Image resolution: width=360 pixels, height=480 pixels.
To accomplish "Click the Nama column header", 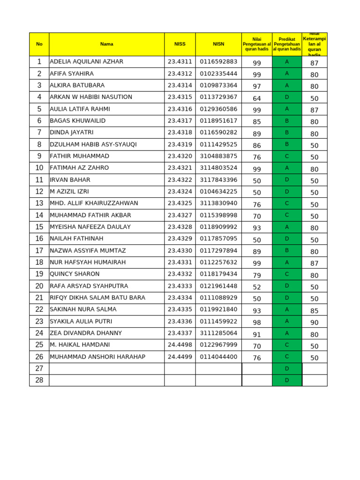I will pyautogui.click(x=106, y=44).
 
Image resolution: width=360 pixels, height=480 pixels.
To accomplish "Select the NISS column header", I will pyautogui.click(x=180, y=44).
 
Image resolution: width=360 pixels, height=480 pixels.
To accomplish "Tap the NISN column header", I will pyautogui.click(x=218, y=44).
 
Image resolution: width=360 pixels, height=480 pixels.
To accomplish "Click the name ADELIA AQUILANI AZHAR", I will pyautogui.click(x=87, y=62).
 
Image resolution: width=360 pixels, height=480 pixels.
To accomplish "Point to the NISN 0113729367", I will pyautogui.click(x=218, y=97).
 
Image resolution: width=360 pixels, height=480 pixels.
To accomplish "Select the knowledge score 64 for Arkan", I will pyautogui.click(x=257, y=98).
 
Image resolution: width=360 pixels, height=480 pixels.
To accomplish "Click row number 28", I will pyautogui.click(x=39, y=380).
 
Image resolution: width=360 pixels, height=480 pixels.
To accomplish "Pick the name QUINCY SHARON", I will pyautogui.click(x=75, y=274).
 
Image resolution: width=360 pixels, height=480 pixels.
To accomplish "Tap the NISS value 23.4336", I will pyautogui.click(x=180, y=322).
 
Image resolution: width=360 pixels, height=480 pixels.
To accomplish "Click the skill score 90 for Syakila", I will pyautogui.click(x=314, y=322).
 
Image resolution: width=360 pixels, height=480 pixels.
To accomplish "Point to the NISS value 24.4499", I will pyautogui.click(x=180, y=357).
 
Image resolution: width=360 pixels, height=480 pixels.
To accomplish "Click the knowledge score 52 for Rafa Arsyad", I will pyautogui.click(x=257, y=287).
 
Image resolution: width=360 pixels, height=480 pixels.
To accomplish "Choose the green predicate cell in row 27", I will pyautogui.click(x=287, y=368).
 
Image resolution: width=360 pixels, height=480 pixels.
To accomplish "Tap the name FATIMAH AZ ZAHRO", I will pyautogui.click(x=79, y=168).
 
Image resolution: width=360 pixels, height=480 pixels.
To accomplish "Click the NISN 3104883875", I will pyautogui.click(x=218, y=156).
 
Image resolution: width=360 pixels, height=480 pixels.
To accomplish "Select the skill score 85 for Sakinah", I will pyautogui.click(x=314, y=310).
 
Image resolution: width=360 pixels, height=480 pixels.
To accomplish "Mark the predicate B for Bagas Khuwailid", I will pyautogui.click(x=287, y=121).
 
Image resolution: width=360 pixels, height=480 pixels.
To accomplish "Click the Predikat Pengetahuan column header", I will pyautogui.click(x=287, y=44).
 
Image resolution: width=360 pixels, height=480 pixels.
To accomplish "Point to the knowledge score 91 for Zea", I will pyautogui.click(x=257, y=334).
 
